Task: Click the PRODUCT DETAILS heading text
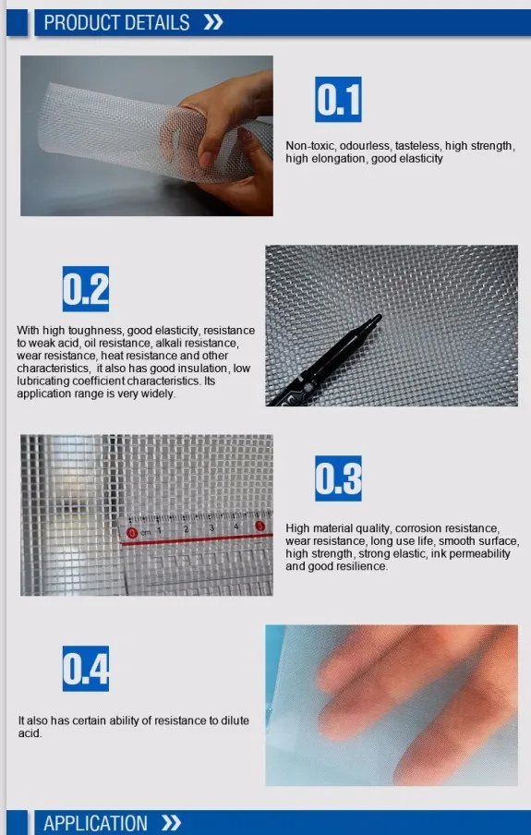tap(116, 23)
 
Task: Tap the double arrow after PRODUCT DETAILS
tap(213, 22)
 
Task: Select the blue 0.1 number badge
tap(338, 100)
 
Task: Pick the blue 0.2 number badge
tap(86, 288)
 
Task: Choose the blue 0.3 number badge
tap(338, 478)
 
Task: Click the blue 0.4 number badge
tap(86, 669)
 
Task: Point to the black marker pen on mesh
tap(325, 360)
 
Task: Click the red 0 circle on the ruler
tap(131, 533)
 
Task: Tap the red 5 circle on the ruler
tap(259, 526)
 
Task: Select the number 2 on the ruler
tap(187, 529)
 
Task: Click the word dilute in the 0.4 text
tap(235, 720)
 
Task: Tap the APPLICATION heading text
tap(95, 823)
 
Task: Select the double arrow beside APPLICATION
tap(172, 823)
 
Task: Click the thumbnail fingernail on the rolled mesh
tap(206, 159)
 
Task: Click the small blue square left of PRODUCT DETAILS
tap(17, 23)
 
